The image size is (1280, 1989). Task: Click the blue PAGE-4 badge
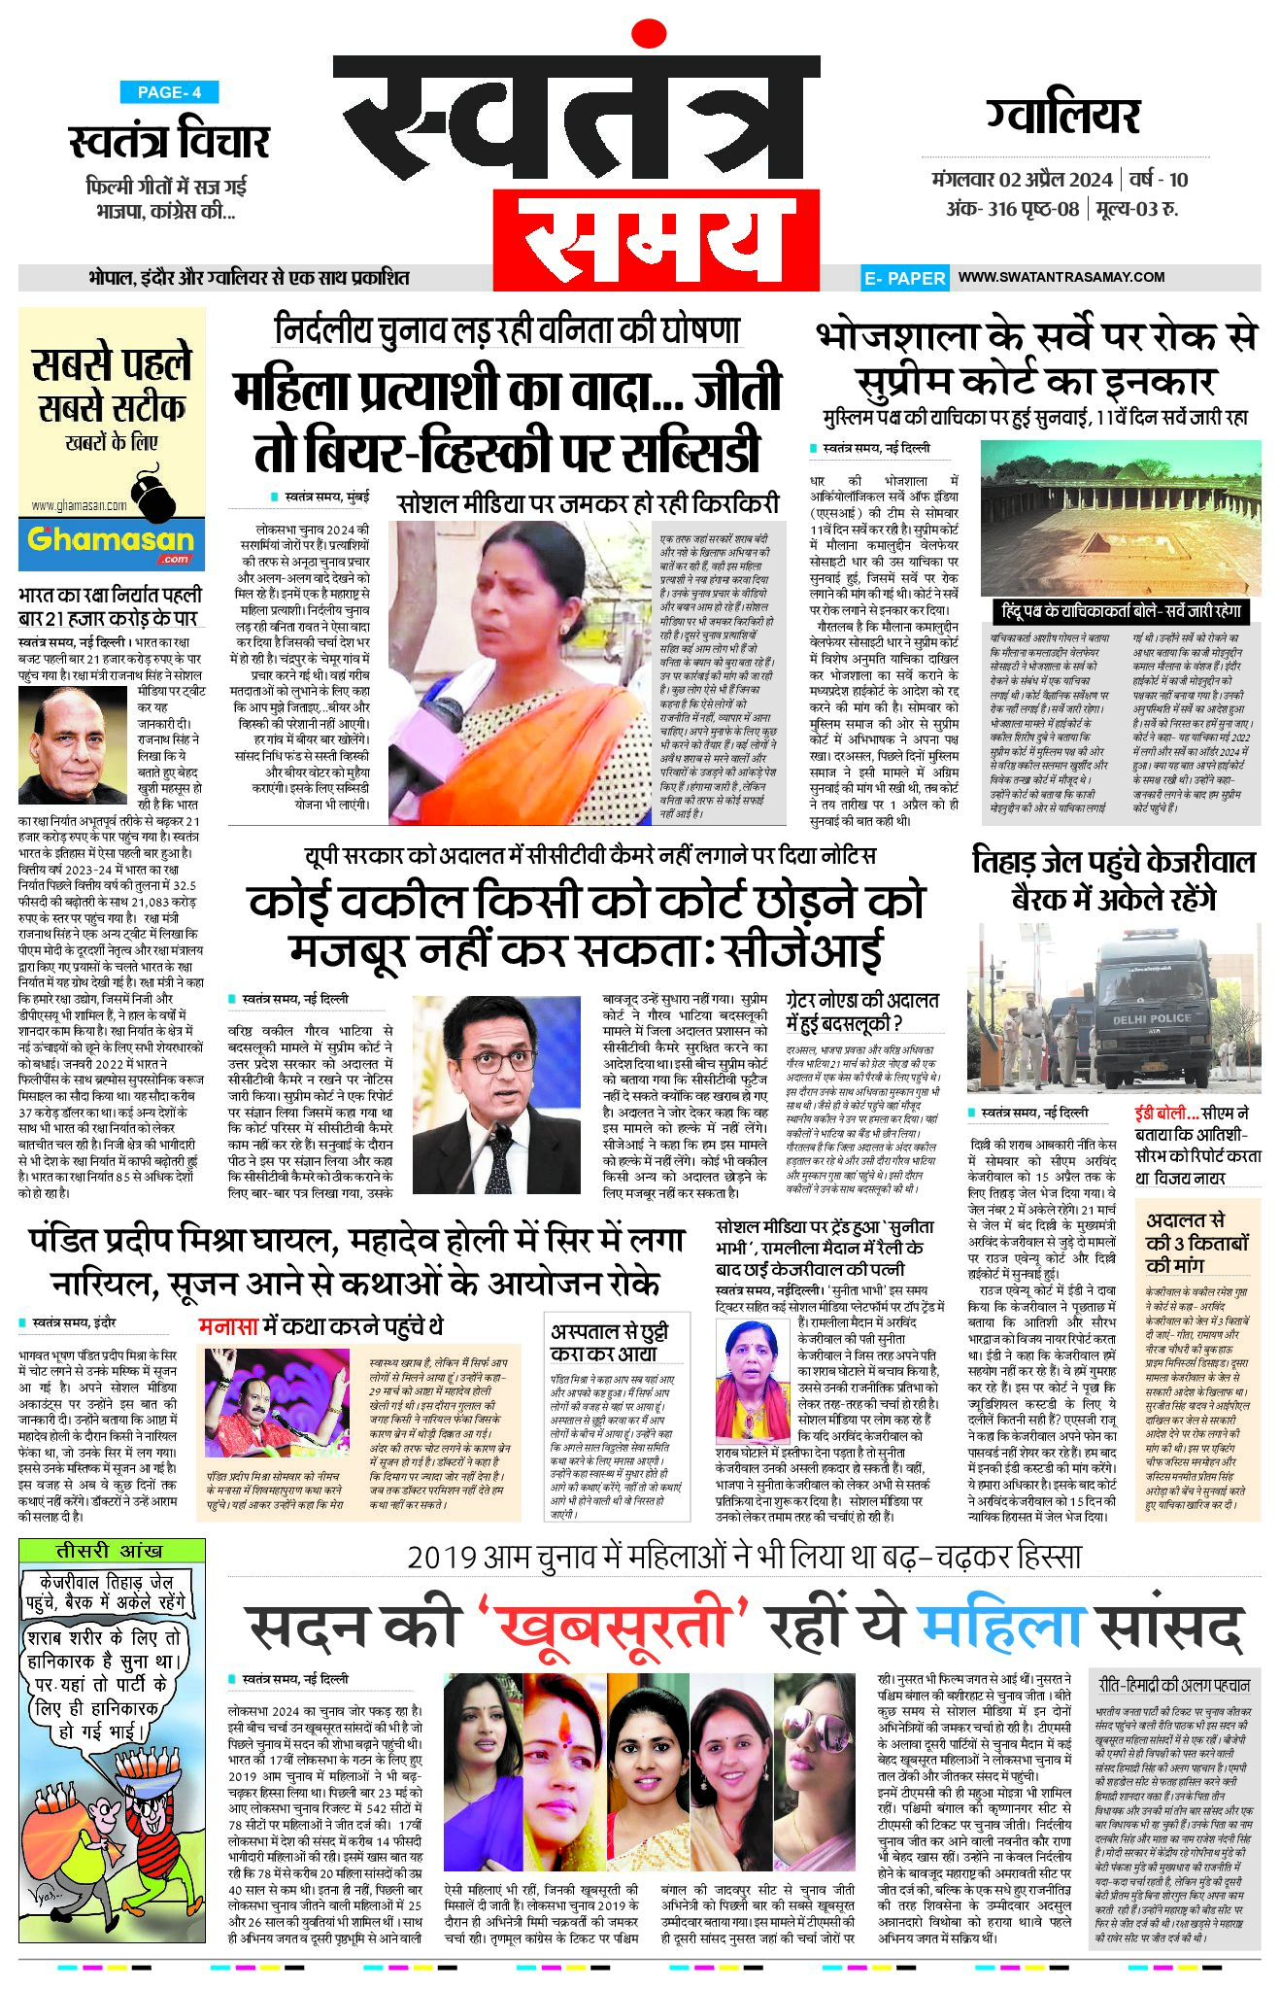coord(169,92)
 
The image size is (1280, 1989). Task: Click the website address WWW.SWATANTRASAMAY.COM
coord(1061,277)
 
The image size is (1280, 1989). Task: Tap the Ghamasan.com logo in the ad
coord(111,541)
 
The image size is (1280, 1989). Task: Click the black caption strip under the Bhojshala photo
coord(1122,611)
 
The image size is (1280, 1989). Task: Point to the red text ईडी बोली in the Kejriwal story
coord(1165,1114)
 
